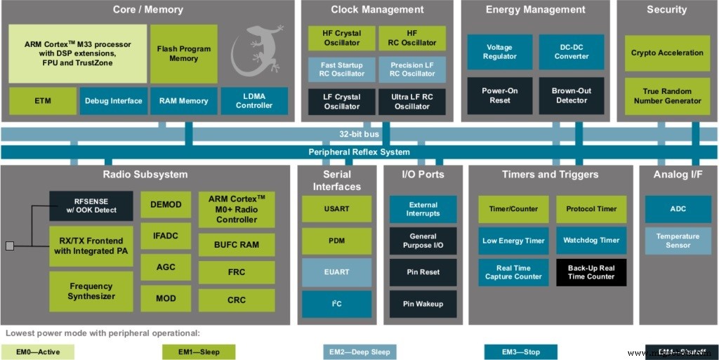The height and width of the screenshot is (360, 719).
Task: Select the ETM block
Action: click(x=43, y=100)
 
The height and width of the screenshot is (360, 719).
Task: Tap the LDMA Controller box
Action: click(x=254, y=100)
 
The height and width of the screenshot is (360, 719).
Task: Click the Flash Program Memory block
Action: click(x=183, y=53)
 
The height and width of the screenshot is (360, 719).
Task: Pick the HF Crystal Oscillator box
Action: click(x=342, y=38)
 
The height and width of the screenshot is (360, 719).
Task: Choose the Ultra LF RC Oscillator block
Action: click(x=412, y=101)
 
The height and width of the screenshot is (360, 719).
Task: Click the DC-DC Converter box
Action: click(x=572, y=52)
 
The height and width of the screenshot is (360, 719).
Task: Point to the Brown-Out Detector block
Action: click(x=572, y=95)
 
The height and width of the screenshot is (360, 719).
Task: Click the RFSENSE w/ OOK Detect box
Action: click(x=91, y=206)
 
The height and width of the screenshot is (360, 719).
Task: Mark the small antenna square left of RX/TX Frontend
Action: click(x=9, y=246)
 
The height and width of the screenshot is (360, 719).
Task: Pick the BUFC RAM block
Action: click(x=237, y=245)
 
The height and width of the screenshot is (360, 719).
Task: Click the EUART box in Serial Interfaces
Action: click(x=336, y=272)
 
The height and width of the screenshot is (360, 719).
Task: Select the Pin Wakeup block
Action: click(x=423, y=304)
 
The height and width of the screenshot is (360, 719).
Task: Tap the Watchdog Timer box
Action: click(x=591, y=240)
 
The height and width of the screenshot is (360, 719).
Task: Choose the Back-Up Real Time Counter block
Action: click(x=591, y=272)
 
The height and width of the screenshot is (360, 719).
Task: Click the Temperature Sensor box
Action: click(x=678, y=241)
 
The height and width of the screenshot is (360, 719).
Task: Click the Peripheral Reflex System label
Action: click(x=359, y=152)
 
